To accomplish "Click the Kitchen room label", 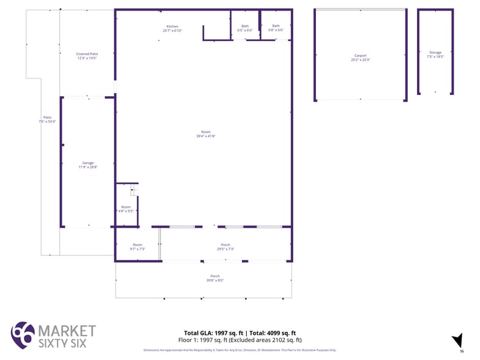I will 173,26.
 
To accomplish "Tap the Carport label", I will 360,56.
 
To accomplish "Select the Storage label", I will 435,53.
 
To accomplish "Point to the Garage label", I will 88,163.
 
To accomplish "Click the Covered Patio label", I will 87,54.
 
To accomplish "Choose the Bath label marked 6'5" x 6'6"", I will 245,26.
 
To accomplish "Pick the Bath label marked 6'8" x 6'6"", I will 276,26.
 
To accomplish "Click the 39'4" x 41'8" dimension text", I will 206,136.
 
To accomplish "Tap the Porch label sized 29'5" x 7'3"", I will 225,245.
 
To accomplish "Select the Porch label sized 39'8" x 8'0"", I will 215,276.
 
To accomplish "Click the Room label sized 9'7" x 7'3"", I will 137,245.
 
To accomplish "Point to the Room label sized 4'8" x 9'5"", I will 126,207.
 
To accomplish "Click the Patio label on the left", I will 47,117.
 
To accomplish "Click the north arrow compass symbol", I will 457,341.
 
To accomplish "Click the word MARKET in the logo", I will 67,331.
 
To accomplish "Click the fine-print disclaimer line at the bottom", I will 240,350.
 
